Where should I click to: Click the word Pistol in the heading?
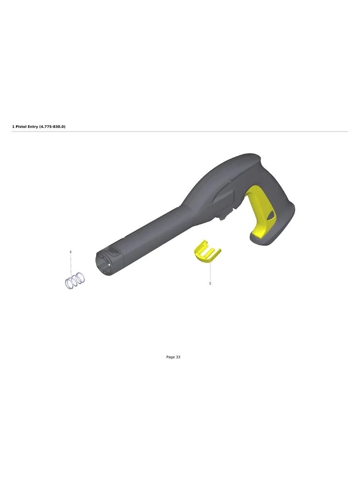click(21, 126)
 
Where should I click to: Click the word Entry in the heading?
click(33, 126)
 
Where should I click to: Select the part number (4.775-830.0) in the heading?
click(52, 126)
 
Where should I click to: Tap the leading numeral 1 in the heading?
click(13, 126)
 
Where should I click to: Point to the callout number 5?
click(71, 252)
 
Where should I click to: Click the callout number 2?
click(210, 283)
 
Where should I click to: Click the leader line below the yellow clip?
click(210, 272)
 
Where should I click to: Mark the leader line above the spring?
click(71, 264)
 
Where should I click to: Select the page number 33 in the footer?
click(178, 357)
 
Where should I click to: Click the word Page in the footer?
click(170, 357)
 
